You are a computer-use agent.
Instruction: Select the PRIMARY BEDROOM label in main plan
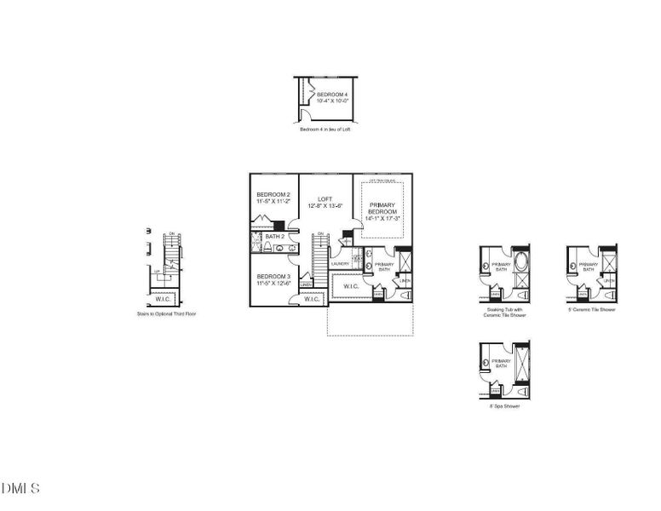(381, 208)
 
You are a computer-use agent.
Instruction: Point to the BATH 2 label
(274, 236)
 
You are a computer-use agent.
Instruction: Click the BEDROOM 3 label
(273, 277)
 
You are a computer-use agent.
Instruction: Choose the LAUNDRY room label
(341, 264)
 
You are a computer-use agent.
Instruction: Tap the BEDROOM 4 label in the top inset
(332, 94)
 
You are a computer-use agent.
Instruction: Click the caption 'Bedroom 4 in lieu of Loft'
(325, 129)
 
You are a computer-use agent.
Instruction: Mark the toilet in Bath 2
(267, 248)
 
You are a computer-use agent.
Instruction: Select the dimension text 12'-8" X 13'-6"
(325, 205)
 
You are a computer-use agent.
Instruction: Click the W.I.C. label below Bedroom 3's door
(312, 299)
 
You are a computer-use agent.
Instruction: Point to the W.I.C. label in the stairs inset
(164, 298)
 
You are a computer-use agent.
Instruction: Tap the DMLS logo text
(21, 488)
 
